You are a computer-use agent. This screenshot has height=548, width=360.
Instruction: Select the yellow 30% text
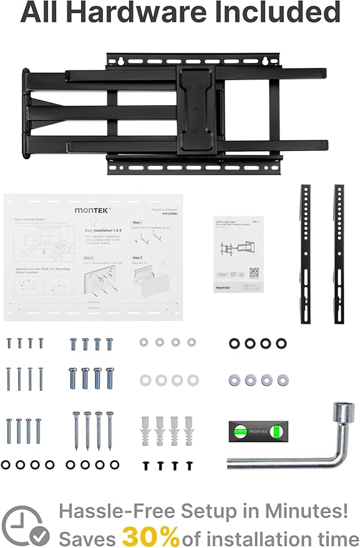(150, 535)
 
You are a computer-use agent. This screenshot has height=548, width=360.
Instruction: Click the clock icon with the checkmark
(24, 526)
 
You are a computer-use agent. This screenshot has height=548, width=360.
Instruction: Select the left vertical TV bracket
(306, 253)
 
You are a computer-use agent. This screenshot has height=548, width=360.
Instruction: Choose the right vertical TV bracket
(339, 253)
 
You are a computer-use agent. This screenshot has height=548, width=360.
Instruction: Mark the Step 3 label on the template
(138, 257)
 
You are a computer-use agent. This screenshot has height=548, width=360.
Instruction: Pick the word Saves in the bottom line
(87, 536)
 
